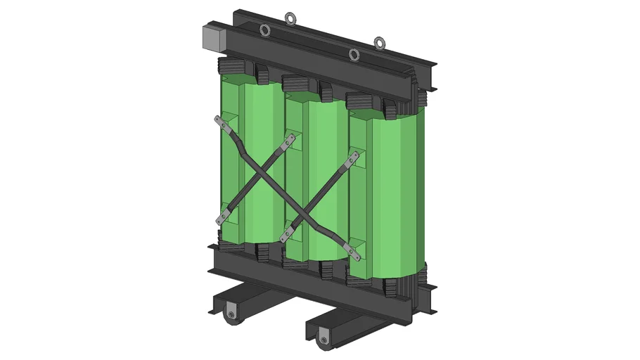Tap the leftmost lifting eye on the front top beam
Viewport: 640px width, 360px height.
(x=265, y=30)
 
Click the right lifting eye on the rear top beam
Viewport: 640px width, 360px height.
(x=380, y=43)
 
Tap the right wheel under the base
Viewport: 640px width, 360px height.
(x=323, y=340)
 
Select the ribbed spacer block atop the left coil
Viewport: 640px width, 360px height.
(x=231, y=71)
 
